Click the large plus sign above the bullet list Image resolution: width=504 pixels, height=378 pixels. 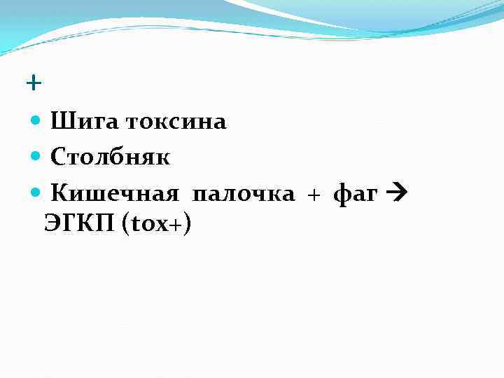pos(33,84)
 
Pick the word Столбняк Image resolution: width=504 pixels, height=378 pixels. pos(110,157)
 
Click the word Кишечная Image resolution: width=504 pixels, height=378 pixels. pos(114,194)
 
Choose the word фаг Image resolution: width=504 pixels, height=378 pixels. pos(356,194)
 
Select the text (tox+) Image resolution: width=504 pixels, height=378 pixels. pos(157,225)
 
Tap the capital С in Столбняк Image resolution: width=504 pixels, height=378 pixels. pos(58,157)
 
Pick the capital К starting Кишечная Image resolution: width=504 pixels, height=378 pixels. pos(59,194)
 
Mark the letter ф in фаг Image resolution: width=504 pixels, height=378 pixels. pos(342,194)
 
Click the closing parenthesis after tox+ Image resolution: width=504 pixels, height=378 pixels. pos(188,225)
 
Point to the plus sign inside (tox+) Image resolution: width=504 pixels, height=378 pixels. pos(178,225)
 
